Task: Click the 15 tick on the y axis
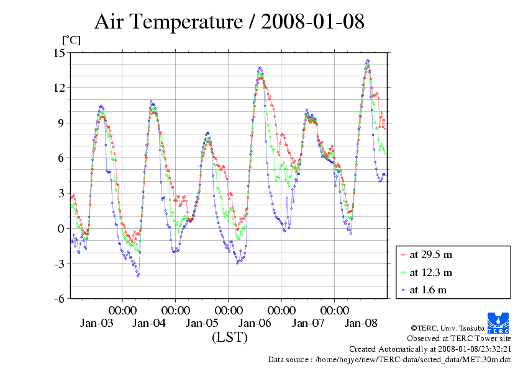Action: (x=60, y=53)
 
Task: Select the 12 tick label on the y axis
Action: (x=60, y=88)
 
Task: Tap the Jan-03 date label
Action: (x=96, y=323)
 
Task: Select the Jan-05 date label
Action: (x=202, y=323)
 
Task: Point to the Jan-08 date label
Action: (x=361, y=323)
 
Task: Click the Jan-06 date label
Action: (x=255, y=323)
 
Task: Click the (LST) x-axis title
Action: (x=229, y=337)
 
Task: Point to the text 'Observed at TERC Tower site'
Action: (x=458, y=339)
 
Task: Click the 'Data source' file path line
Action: (x=389, y=359)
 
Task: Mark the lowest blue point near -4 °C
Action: (x=138, y=275)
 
